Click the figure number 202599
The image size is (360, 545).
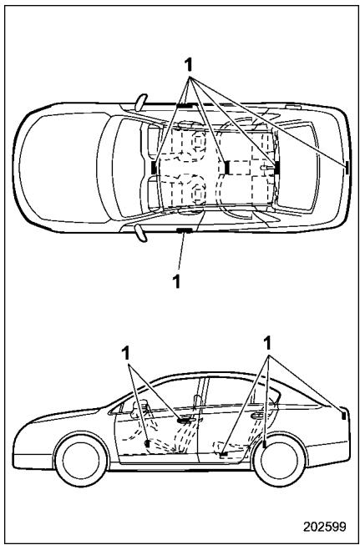(325, 527)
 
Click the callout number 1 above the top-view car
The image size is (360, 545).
(188, 65)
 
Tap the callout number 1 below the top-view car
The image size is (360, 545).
(177, 281)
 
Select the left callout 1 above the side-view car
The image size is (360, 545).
(126, 354)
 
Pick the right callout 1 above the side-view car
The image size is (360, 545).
(267, 344)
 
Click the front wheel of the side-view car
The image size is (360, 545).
(81, 460)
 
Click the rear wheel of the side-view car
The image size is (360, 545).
(280, 460)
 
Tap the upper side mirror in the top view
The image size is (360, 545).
(141, 102)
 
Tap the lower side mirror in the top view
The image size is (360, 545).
(141, 233)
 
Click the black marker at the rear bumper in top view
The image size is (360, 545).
(347, 167)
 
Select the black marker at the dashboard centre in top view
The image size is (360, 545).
(154, 168)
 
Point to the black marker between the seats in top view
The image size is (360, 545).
(227, 168)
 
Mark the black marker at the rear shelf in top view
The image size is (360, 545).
(277, 168)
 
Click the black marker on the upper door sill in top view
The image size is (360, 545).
(184, 105)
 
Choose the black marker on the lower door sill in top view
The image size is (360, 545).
(184, 230)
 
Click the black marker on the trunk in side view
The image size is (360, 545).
(343, 415)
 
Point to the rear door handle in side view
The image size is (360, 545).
(257, 415)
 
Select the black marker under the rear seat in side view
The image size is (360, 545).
(224, 454)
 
